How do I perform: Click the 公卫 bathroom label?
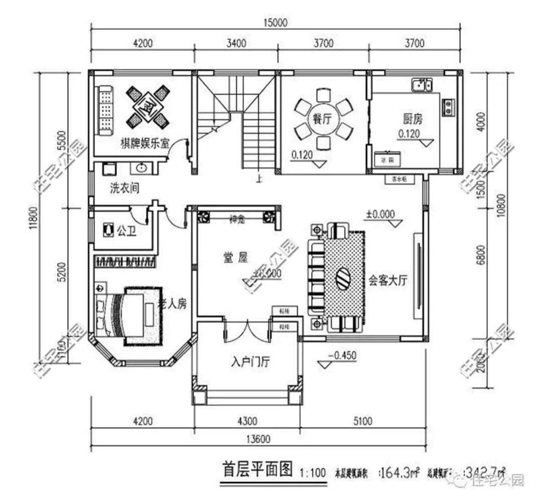(126, 231)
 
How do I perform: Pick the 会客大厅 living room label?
(387, 281)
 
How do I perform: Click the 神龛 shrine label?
(236, 219)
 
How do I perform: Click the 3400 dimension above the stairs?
(236, 43)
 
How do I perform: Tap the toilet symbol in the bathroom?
(108, 231)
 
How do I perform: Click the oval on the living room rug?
(344, 278)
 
